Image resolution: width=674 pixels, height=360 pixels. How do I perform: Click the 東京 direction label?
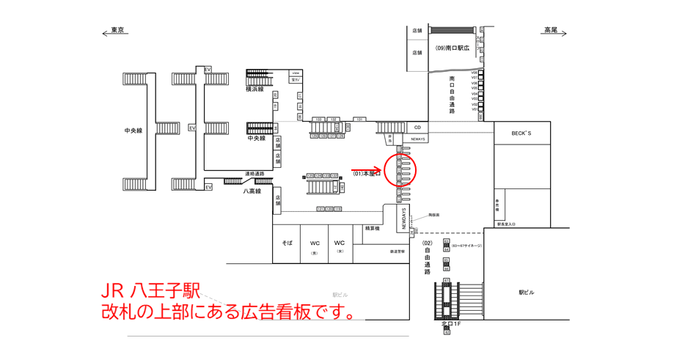tap(117, 30)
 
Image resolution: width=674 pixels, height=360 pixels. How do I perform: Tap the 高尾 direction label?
tap(551, 30)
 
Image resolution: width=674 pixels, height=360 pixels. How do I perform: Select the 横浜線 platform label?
tap(256, 89)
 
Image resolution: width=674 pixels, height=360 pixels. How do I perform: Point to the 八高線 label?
tap(253, 191)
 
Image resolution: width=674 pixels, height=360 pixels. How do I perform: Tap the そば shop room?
tap(287, 243)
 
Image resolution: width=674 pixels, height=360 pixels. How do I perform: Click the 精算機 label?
tap(373, 229)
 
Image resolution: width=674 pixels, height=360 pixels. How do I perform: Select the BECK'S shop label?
tap(521, 133)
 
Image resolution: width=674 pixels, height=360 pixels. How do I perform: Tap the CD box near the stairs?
tap(417, 128)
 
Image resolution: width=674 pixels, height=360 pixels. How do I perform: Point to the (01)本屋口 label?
tap(367, 175)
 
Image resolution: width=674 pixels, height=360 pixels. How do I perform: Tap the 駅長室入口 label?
tap(507, 224)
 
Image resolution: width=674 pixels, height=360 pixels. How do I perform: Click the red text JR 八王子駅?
tap(150, 291)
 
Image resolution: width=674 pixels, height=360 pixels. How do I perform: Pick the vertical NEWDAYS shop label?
tap(403, 216)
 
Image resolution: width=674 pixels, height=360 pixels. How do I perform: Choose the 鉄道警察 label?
tap(398, 251)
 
